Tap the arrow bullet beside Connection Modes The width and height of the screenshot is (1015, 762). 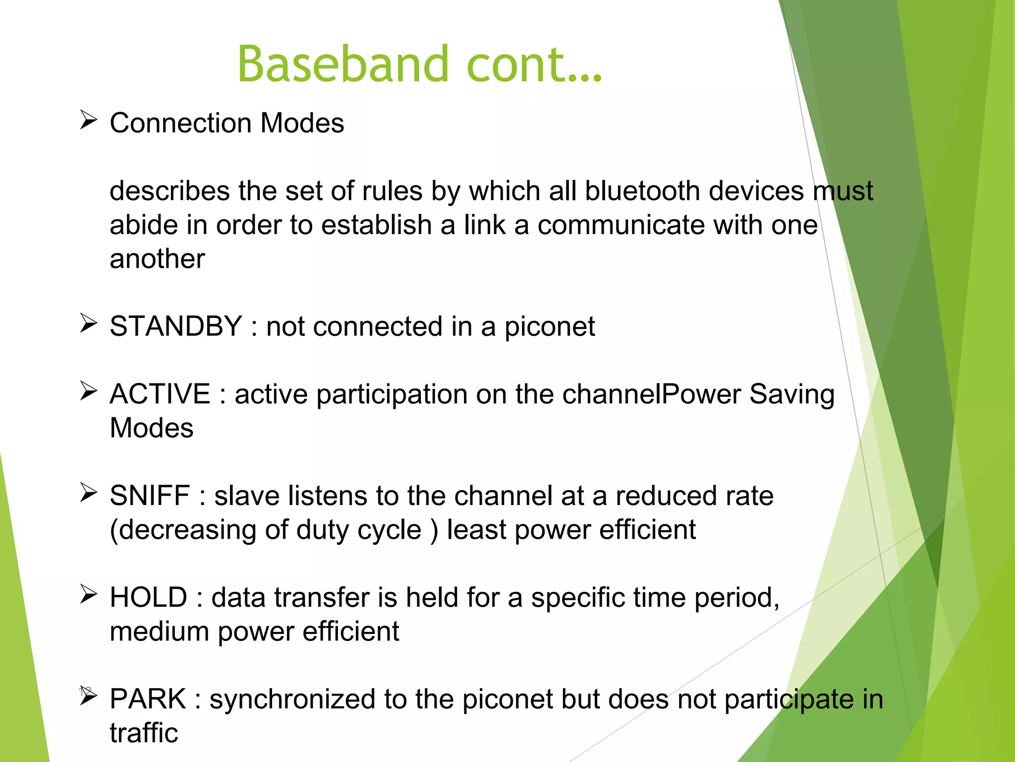click(88, 121)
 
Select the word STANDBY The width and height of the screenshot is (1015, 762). click(175, 326)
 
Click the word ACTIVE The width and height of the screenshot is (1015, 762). click(160, 394)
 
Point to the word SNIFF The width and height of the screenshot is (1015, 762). click(150, 496)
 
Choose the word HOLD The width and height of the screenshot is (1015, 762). click(148, 597)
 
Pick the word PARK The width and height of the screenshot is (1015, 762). click(148, 699)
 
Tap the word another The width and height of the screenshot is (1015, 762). click(157, 259)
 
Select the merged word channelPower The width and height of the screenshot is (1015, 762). click(651, 394)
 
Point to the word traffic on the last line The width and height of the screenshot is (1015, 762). click(144, 733)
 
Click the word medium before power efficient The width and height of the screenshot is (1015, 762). click(159, 632)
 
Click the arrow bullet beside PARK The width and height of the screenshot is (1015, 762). click(88, 697)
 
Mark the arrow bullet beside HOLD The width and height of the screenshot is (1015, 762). click(88, 595)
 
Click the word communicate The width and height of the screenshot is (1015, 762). click(621, 225)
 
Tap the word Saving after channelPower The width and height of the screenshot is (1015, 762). click(791, 394)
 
